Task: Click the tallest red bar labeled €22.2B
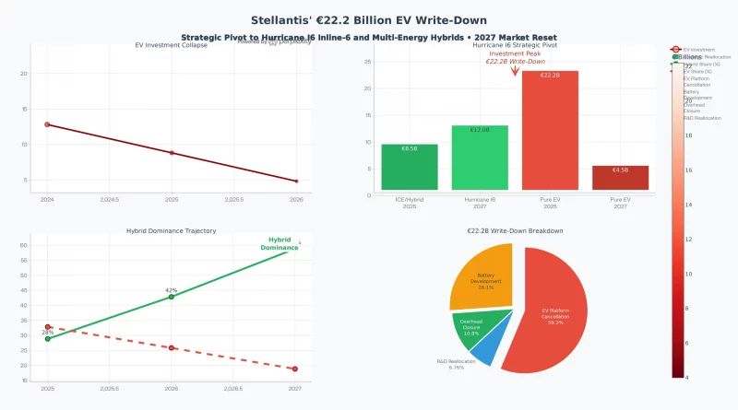(550, 130)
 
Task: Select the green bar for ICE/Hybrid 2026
(409, 167)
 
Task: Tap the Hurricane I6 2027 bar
(480, 158)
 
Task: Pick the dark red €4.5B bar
(620, 178)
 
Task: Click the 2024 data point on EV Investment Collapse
(47, 124)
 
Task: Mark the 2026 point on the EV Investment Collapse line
(296, 182)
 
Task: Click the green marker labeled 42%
(172, 297)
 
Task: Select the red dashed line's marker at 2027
(295, 369)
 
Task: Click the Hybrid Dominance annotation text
(280, 244)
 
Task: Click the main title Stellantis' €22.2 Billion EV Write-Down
(370, 20)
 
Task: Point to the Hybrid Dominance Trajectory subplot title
(171, 230)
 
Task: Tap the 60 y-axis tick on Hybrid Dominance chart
(24, 246)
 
